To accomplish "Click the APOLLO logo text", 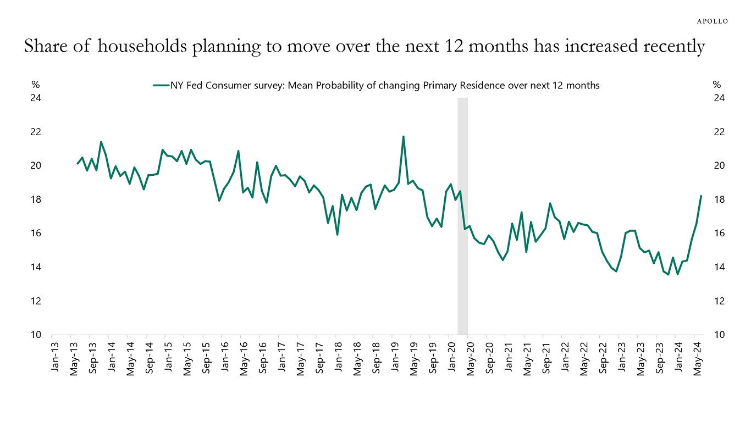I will pyautogui.click(x=713, y=21).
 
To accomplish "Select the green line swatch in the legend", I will pyautogui.click(x=161, y=85).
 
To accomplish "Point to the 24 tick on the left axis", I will pyautogui.click(x=36, y=98).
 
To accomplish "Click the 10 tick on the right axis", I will pyautogui.click(x=719, y=335).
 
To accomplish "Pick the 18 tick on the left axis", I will pyautogui.click(x=36, y=199).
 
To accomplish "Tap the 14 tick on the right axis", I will pyautogui.click(x=719, y=268).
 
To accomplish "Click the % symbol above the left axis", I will pyautogui.click(x=35, y=85).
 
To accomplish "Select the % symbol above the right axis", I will pyautogui.click(x=717, y=85).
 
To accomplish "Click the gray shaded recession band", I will pyautogui.click(x=462, y=220).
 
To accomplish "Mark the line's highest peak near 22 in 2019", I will pyautogui.click(x=403, y=136).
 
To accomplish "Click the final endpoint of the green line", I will pyautogui.click(x=701, y=196).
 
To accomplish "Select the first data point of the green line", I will pyautogui.click(x=77, y=164).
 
